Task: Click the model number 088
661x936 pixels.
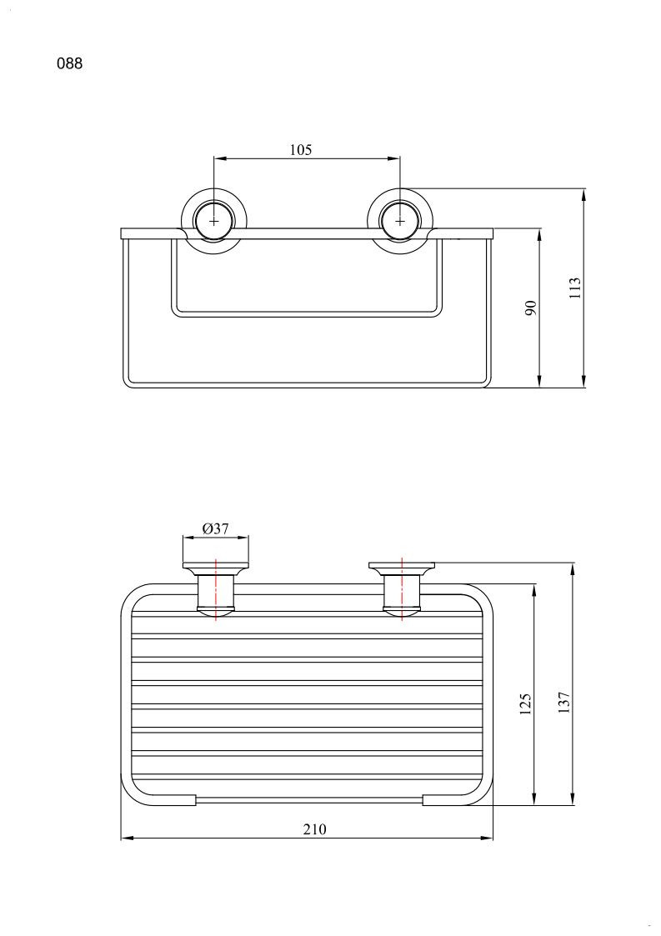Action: click(70, 63)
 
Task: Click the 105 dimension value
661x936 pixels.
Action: click(301, 150)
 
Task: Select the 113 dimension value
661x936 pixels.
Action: click(575, 288)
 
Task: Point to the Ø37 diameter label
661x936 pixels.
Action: click(216, 528)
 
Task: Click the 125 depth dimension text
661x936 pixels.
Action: click(525, 704)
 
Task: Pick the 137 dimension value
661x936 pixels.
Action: click(564, 703)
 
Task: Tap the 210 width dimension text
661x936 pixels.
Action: click(315, 829)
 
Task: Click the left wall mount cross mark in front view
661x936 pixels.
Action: click(213, 221)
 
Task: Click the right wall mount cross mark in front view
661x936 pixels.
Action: click(399, 221)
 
